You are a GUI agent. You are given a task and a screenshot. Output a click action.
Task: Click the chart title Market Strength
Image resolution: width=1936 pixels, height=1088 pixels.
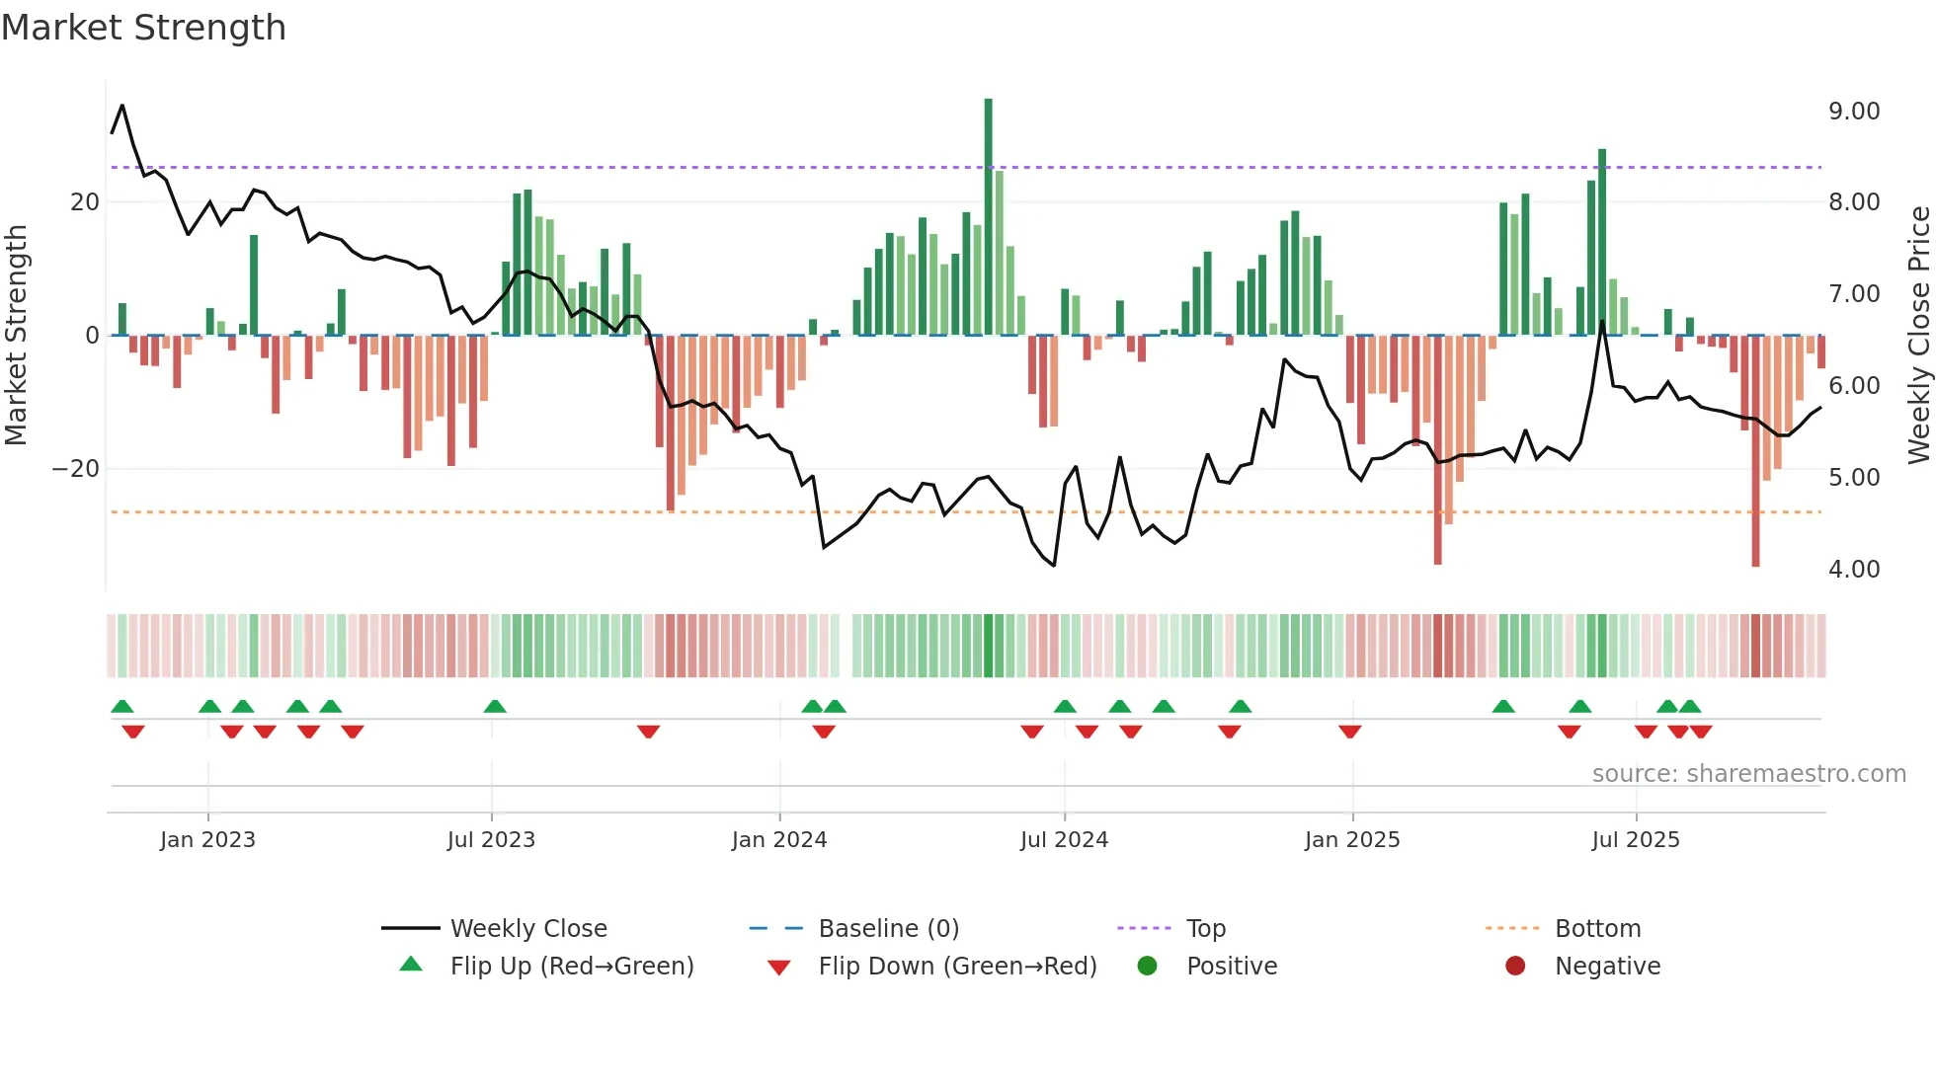pos(143,28)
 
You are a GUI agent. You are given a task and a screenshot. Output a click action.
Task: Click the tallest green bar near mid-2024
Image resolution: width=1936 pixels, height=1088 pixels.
pos(988,217)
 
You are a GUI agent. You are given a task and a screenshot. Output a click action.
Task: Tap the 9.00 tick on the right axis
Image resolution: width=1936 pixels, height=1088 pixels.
pos(1853,112)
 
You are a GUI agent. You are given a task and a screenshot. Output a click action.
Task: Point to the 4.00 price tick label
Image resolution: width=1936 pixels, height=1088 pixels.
pos(1853,570)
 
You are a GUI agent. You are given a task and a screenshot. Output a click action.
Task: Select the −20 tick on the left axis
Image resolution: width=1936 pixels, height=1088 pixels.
pos(76,469)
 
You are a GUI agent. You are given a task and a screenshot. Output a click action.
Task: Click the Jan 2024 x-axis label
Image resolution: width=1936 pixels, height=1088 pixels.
pos(778,840)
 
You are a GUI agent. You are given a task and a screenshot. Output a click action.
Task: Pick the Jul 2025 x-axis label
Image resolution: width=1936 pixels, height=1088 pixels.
pos(1635,840)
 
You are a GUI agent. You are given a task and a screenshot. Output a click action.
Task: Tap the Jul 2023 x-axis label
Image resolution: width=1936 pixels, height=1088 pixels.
pos(491,840)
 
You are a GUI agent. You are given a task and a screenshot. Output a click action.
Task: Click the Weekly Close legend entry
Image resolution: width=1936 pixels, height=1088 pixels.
pos(527,929)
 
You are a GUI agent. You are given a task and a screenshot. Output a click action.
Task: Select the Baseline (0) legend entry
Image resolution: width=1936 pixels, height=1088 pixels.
pos(888,929)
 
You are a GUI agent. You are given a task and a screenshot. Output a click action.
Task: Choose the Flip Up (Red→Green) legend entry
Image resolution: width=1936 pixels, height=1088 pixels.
pos(571,967)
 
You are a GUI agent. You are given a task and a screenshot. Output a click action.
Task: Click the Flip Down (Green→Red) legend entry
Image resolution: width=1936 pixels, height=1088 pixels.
pos(956,967)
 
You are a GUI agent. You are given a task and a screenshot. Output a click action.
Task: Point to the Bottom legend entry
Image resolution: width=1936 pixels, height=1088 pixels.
pos(1596,929)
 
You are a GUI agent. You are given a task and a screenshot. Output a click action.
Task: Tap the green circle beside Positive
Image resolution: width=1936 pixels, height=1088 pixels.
pos(1147,967)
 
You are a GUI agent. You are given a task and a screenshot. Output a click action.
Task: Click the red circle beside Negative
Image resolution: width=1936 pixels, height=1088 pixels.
pos(1515,967)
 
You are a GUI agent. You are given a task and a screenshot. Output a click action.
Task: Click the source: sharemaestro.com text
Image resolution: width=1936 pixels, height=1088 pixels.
pos(1748,774)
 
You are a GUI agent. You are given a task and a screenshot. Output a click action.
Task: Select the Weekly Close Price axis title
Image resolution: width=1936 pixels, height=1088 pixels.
pos(1918,336)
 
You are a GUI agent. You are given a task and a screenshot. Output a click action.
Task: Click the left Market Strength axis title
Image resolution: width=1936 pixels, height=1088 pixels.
pos(17,336)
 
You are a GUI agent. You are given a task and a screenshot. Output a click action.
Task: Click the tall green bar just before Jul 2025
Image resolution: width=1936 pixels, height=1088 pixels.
pos(1602,242)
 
